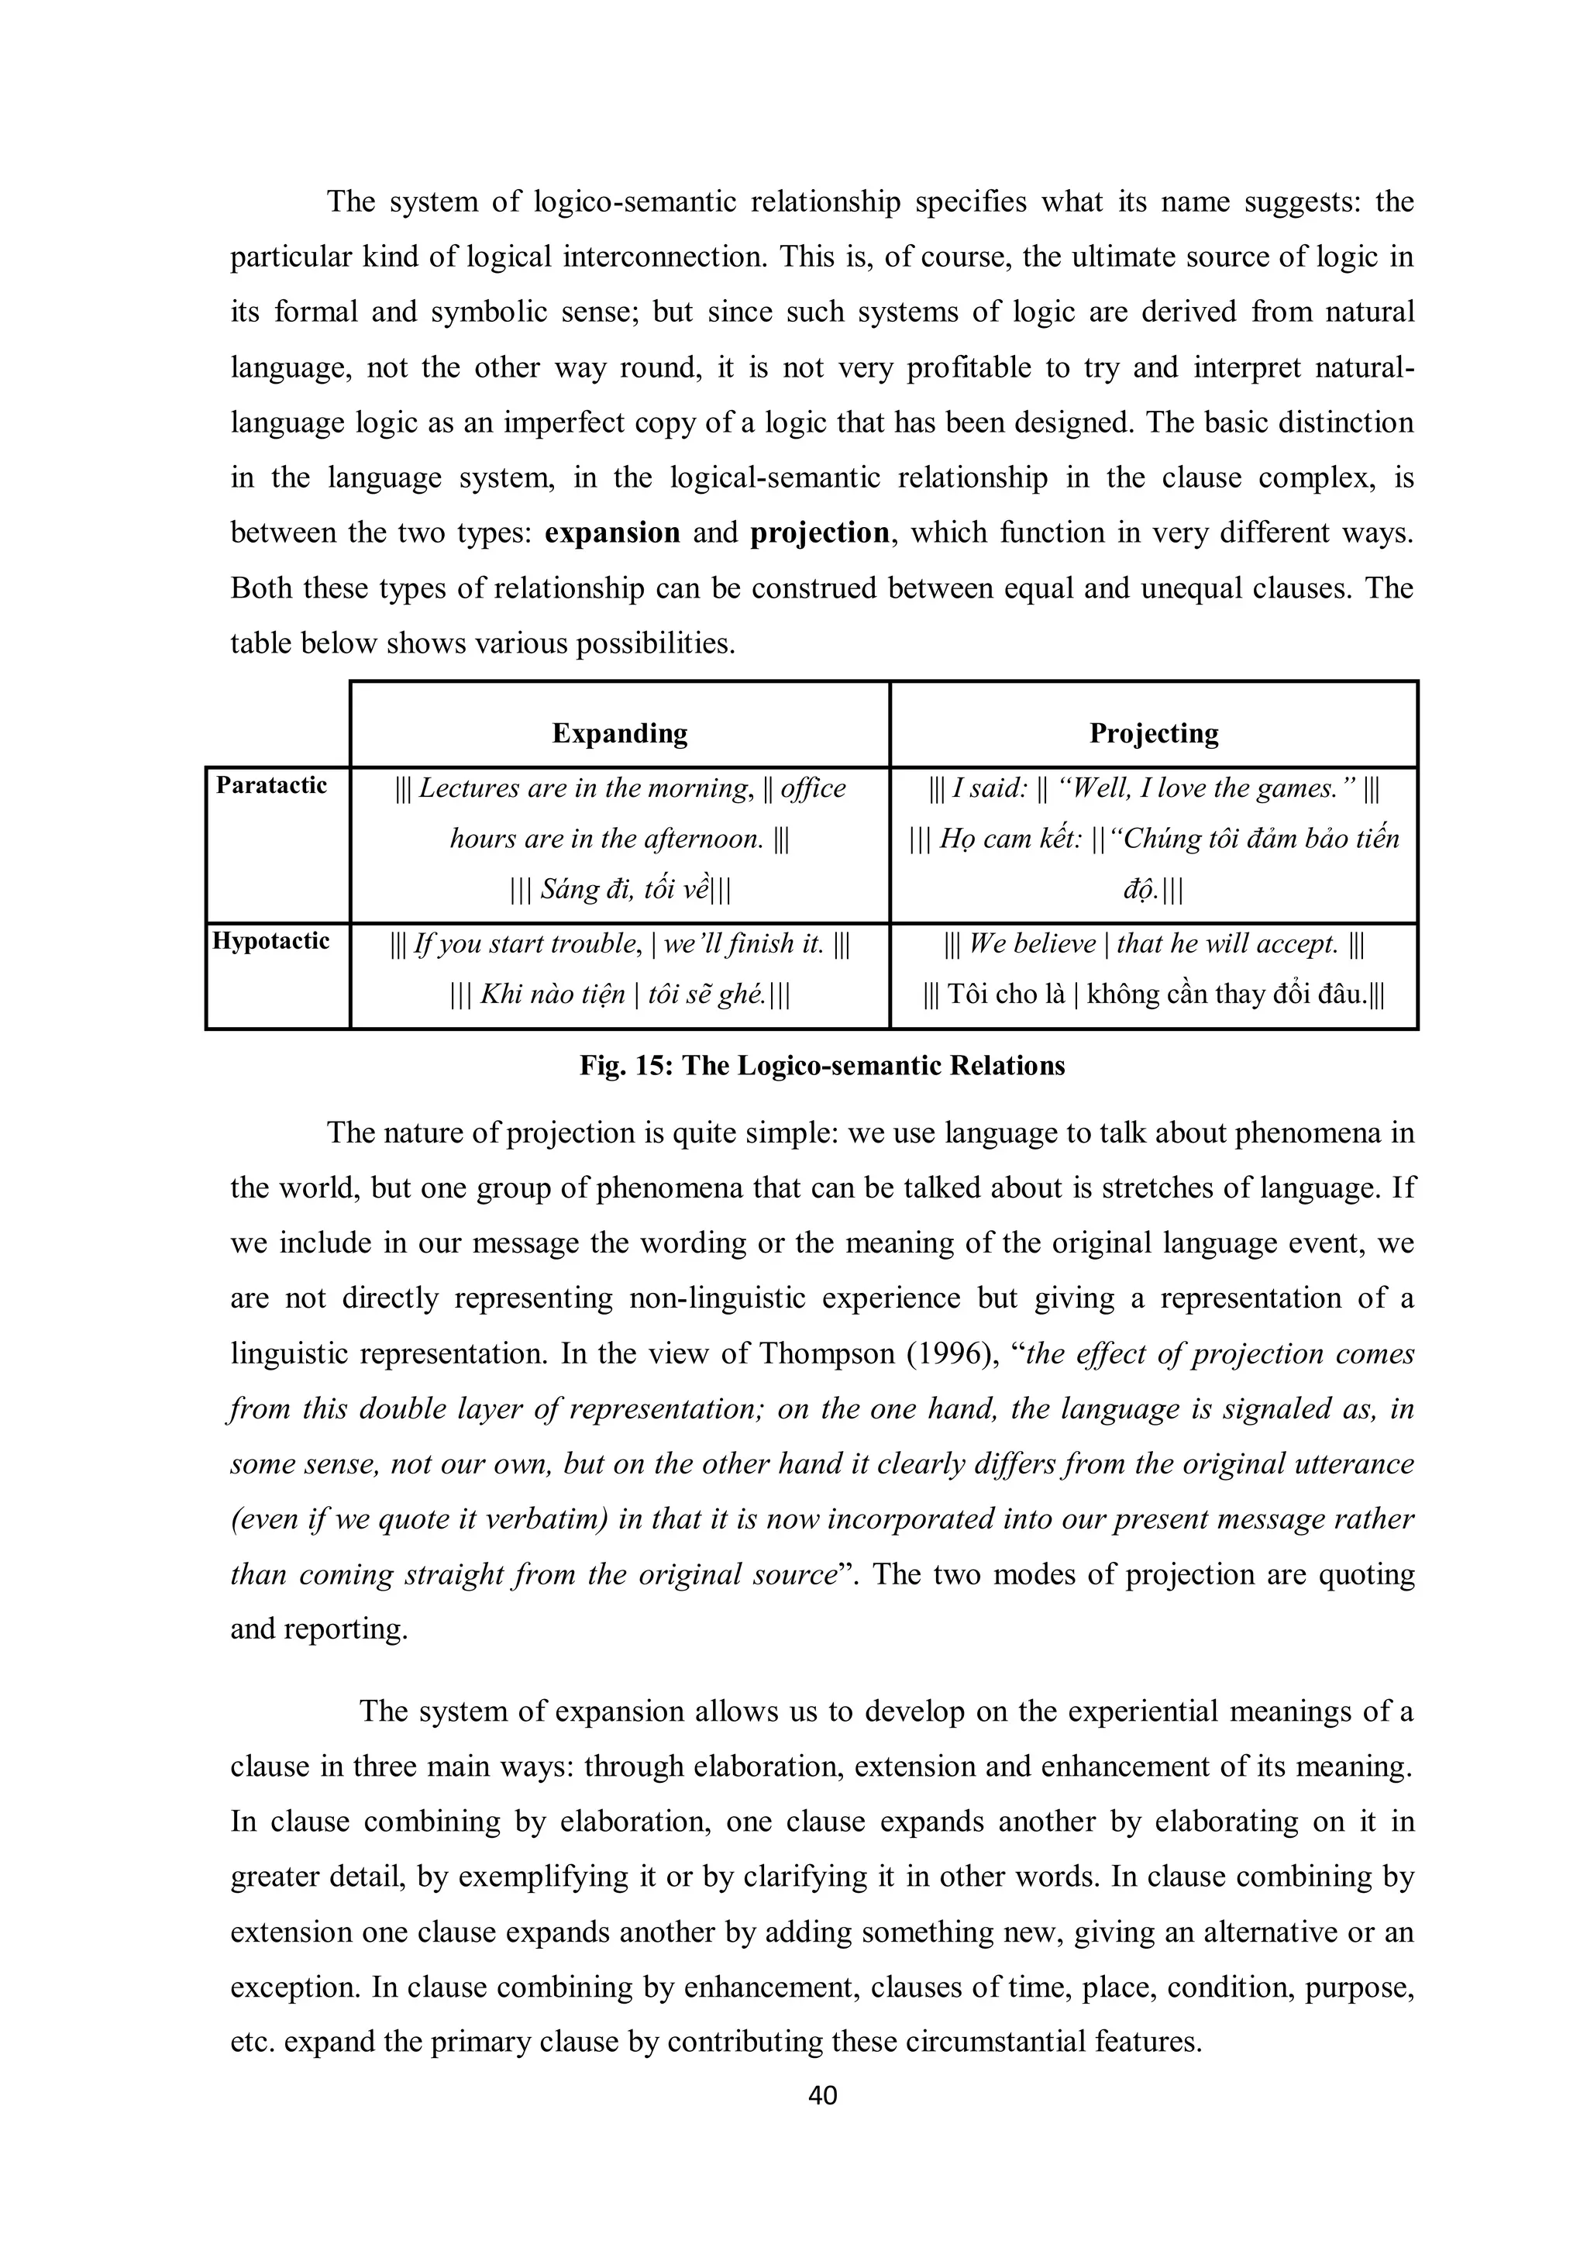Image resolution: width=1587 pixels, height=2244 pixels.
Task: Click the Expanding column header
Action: [x=620, y=733]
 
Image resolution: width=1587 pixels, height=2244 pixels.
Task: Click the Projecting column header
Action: [x=1153, y=733]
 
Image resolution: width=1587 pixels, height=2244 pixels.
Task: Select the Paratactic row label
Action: [x=272, y=786]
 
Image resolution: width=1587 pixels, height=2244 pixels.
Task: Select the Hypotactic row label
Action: [x=272, y=941]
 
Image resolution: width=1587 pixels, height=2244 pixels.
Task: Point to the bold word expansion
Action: [x=613, y=533]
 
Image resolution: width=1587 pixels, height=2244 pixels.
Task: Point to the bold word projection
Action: [x=819, y=533]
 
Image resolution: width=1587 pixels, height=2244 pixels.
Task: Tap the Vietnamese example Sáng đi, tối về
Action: [x=620, y=889]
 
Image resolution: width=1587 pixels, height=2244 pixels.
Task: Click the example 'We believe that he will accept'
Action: [x=1153, y=944]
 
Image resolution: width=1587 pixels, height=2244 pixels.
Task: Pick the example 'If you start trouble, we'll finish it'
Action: [x=620, y=944]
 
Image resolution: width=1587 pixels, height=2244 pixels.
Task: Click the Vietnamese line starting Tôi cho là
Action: [x=1153, y=995]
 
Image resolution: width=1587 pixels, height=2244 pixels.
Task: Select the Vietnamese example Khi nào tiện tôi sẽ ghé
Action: [x=620, y=995]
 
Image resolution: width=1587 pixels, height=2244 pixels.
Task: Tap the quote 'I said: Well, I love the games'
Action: [x=1153, y=788]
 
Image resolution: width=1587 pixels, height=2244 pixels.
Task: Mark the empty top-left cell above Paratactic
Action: [x=277, y=723]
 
